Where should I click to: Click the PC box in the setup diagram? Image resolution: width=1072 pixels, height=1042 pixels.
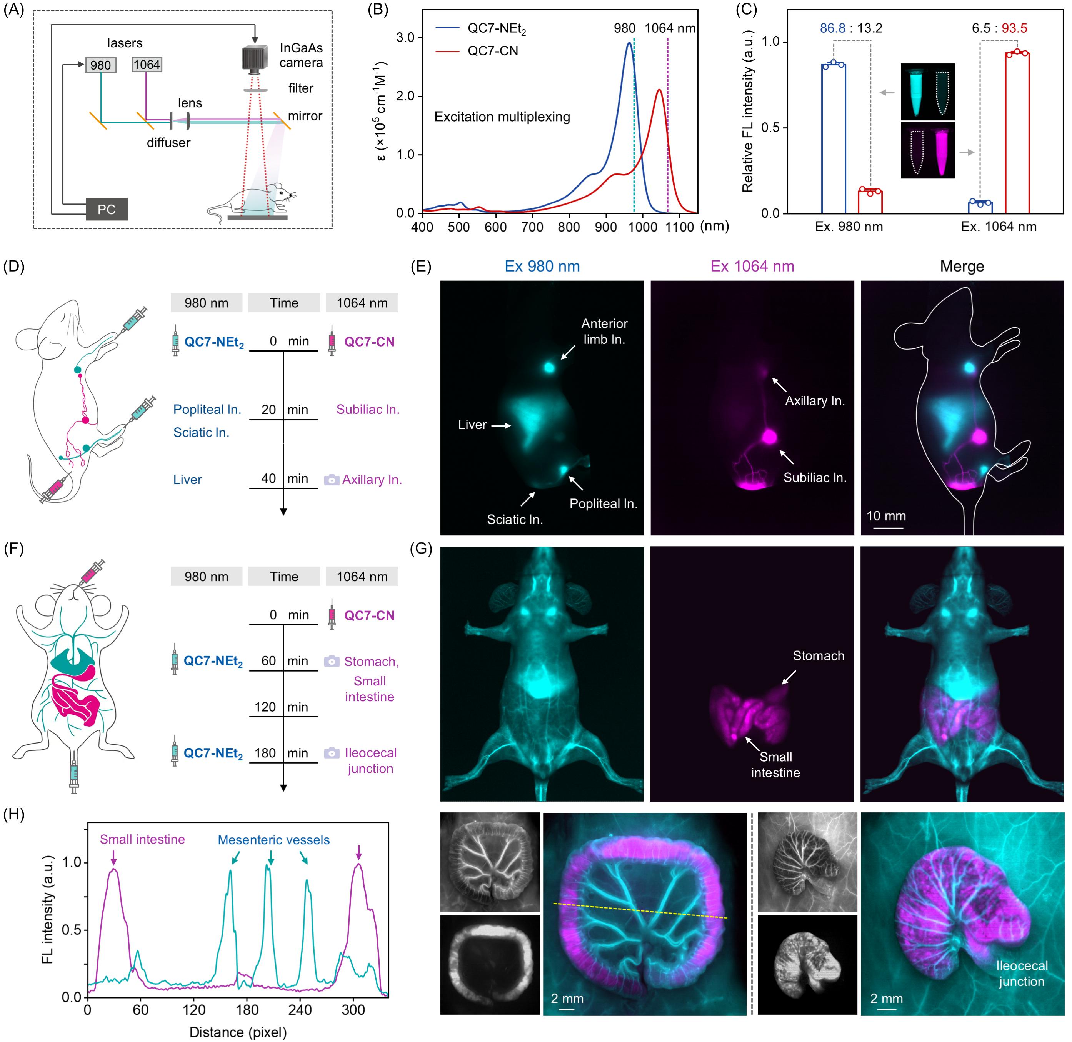(107, 210)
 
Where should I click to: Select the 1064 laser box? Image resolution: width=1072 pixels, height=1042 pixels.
(147, 65)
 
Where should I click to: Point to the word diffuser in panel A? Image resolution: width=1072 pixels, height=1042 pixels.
(168, 143)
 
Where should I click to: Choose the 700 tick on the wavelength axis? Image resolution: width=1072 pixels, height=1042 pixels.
(532, 226)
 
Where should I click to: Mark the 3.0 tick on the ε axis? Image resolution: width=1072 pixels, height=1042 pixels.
(405, 38)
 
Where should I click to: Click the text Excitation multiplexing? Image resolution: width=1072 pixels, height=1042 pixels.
(502, 117)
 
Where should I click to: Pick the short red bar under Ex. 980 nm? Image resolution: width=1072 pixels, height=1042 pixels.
(870, 202)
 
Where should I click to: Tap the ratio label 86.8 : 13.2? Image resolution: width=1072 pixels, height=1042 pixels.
(851, 28)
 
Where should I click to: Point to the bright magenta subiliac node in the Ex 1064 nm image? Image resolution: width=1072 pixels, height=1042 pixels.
(769, 436)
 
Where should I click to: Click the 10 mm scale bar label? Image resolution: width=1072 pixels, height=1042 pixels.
(886, 516)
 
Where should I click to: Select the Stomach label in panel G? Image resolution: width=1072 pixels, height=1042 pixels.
(818, 656)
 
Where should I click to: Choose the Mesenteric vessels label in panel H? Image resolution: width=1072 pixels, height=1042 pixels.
(273, 840)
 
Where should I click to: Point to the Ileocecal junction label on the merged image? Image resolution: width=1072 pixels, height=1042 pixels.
(1022, 974)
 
